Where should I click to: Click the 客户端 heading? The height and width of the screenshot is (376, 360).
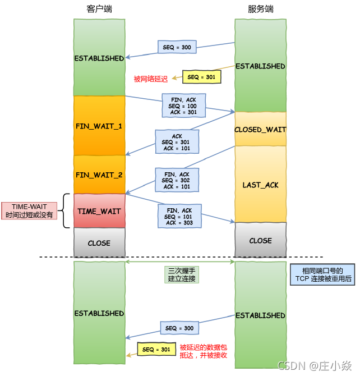99,10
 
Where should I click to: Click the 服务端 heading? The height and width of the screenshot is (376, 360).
260,10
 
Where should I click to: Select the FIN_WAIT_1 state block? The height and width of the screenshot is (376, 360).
99,126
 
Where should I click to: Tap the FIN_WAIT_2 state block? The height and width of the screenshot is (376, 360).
99,175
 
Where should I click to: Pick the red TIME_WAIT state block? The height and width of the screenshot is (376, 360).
99,211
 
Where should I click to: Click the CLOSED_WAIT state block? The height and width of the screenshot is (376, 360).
260,129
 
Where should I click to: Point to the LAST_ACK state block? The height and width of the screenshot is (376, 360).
260,185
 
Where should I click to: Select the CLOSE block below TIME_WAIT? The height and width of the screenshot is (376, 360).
99,243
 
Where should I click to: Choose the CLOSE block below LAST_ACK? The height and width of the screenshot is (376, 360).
260,240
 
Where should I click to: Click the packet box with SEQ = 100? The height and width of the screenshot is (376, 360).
183,106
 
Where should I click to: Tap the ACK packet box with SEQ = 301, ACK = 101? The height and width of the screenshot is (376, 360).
177,142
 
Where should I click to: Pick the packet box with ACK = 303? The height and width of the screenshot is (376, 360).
179,217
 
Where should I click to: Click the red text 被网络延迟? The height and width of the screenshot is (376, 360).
150,79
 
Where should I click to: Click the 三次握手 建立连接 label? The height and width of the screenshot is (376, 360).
182,273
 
